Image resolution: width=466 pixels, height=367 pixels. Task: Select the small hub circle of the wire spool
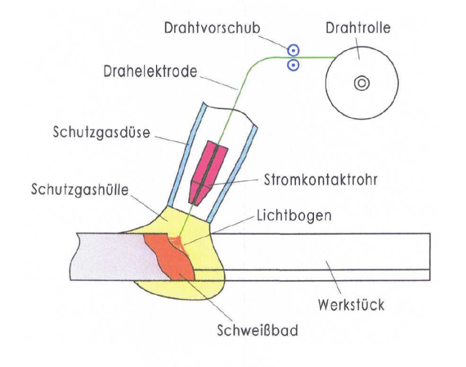(361, 83)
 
